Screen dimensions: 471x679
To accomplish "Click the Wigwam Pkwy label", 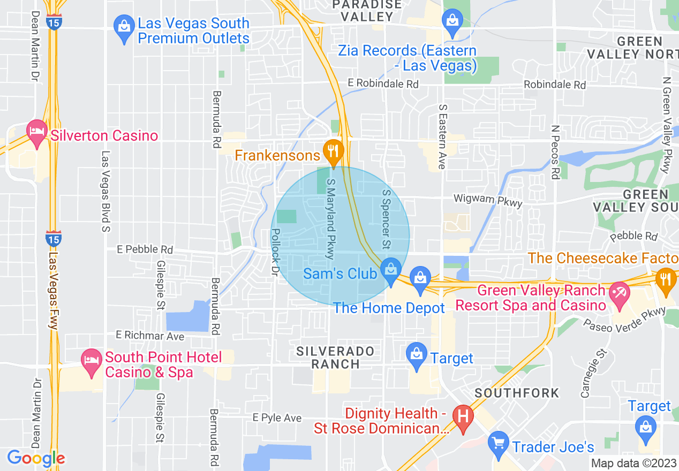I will [x=487, y=199].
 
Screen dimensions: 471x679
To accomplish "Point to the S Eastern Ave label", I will [x=442, y=136].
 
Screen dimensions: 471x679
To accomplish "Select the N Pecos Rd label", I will [x=556, y=152].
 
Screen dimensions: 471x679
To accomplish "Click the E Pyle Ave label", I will [x=277, y=417].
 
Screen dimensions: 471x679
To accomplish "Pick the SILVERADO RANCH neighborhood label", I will [x=336, y=358].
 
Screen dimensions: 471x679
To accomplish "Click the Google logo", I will [x=35, y=458].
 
